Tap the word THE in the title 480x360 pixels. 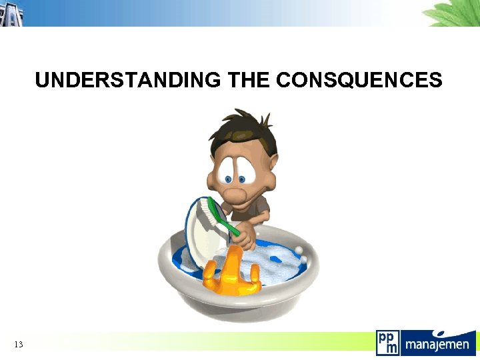(x=248, y=81)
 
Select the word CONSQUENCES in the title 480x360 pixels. (x=359, y=81)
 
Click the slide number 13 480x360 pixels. (x=18, y=344)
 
